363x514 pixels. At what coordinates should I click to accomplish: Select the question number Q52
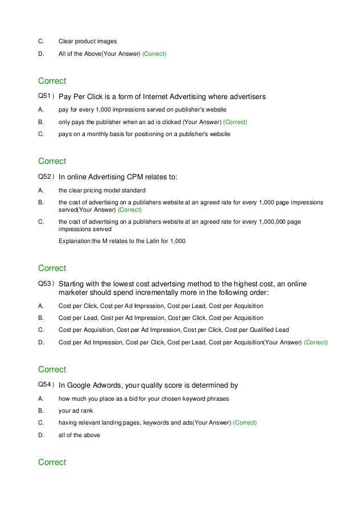coord(44,176)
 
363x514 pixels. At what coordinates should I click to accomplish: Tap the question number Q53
coord(44,283)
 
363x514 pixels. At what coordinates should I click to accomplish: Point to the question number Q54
coord(44,385)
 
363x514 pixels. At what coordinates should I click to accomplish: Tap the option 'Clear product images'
coord(88,41)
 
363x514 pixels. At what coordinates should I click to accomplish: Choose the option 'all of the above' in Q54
coord(79,435)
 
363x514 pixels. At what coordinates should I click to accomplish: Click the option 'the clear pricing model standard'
coord(102,190)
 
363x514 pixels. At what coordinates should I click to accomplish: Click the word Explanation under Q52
coord(76,241)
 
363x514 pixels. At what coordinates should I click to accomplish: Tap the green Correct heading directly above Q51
coord(52,81)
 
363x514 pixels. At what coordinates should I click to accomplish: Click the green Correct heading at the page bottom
coord(52,462)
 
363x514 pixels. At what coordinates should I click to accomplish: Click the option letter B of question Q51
coord(40,122)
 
